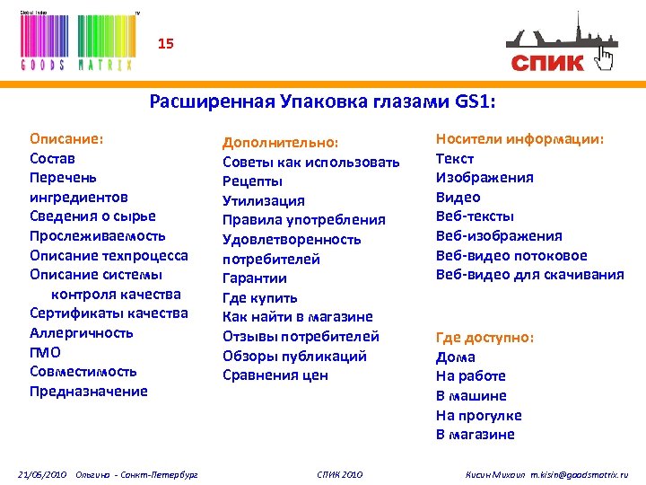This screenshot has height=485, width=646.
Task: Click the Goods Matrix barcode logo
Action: (77, 40)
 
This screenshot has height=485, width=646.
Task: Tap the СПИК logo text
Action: (547, 62)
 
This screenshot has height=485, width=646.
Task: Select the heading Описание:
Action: (66, 139)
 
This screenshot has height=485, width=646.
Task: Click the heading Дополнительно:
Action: (281, 142)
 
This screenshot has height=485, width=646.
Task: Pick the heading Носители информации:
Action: (519, 138)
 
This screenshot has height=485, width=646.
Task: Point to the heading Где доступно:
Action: (484, 337)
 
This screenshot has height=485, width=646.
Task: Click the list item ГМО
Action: (45, 352)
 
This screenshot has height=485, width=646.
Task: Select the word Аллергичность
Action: (82, 332)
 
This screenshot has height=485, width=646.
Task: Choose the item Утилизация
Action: (264, 200)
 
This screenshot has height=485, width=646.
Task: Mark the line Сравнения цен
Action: (275, 375)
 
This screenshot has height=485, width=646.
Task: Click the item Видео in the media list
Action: (458, 197)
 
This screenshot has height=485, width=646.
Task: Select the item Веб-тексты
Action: (475, 216)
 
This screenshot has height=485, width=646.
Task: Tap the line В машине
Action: (471, 395)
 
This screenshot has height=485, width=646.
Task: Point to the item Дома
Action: (455, 357)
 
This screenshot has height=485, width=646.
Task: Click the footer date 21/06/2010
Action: (43, 473)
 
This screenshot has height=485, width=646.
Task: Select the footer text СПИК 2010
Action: (340, 473)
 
